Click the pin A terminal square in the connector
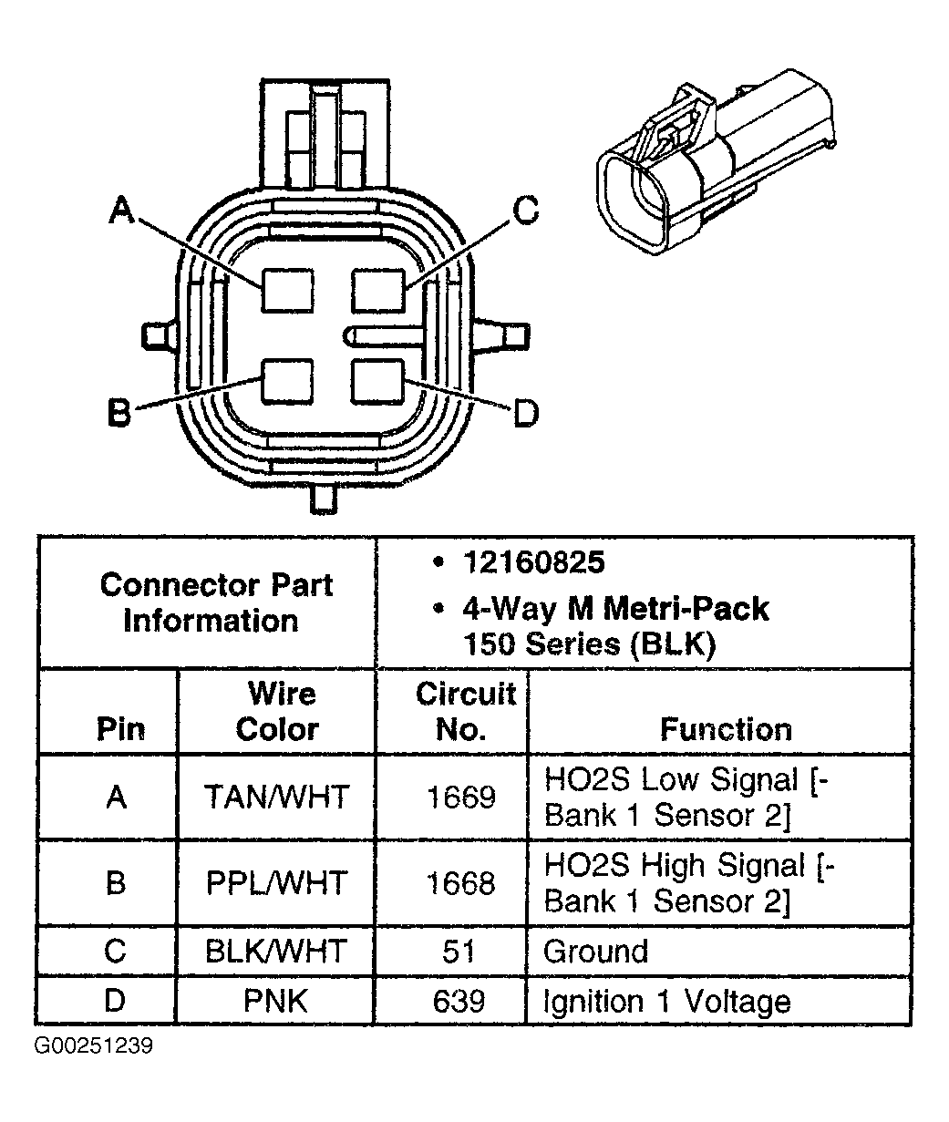click(287, 291)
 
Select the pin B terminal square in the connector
click(287, 381)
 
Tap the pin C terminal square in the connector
click(377, 291)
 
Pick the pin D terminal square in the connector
click(377, 381)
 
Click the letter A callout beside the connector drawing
click(122, 211)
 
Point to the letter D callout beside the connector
click(525, 415)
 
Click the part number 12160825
click(532, 562)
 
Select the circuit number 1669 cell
click(460, 798)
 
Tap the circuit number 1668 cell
click(460, 883)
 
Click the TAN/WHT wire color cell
click(276, 798)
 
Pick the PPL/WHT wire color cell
click(276, 883)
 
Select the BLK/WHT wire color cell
click(276, 952)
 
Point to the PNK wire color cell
click(275, 1002)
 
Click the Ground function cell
click(595, 952)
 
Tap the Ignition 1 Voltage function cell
click(666, 1002)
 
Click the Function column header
click(726, 729)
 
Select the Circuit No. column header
click(465, 711)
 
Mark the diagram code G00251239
click(94, 1045)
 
